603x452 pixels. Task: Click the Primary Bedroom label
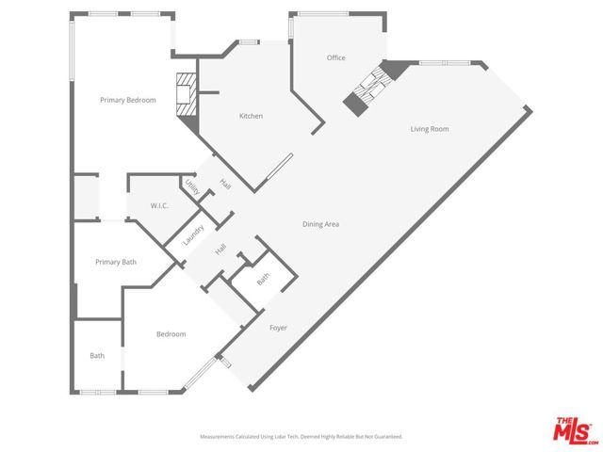[x=129, y=100]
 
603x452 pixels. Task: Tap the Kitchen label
[x=251, y=116]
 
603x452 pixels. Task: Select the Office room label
[x=335, y=58]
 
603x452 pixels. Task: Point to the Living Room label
[x=429, y=129]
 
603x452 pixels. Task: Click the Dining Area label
[x=320, y=224]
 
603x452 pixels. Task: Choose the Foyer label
[x=278, y=328]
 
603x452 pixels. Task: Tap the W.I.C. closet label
[x=159, y=205]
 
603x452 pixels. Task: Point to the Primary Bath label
[x=116, y=262]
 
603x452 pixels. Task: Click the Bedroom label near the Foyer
[x=171, y=334]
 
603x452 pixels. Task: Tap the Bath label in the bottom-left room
[x=97, y=356]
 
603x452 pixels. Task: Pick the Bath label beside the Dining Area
[x=263, y=278]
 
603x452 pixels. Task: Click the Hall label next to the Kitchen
[x=225, y=184]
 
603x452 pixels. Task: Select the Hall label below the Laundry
[x=220, y=250]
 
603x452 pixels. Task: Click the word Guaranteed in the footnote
[x=384, y=437]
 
